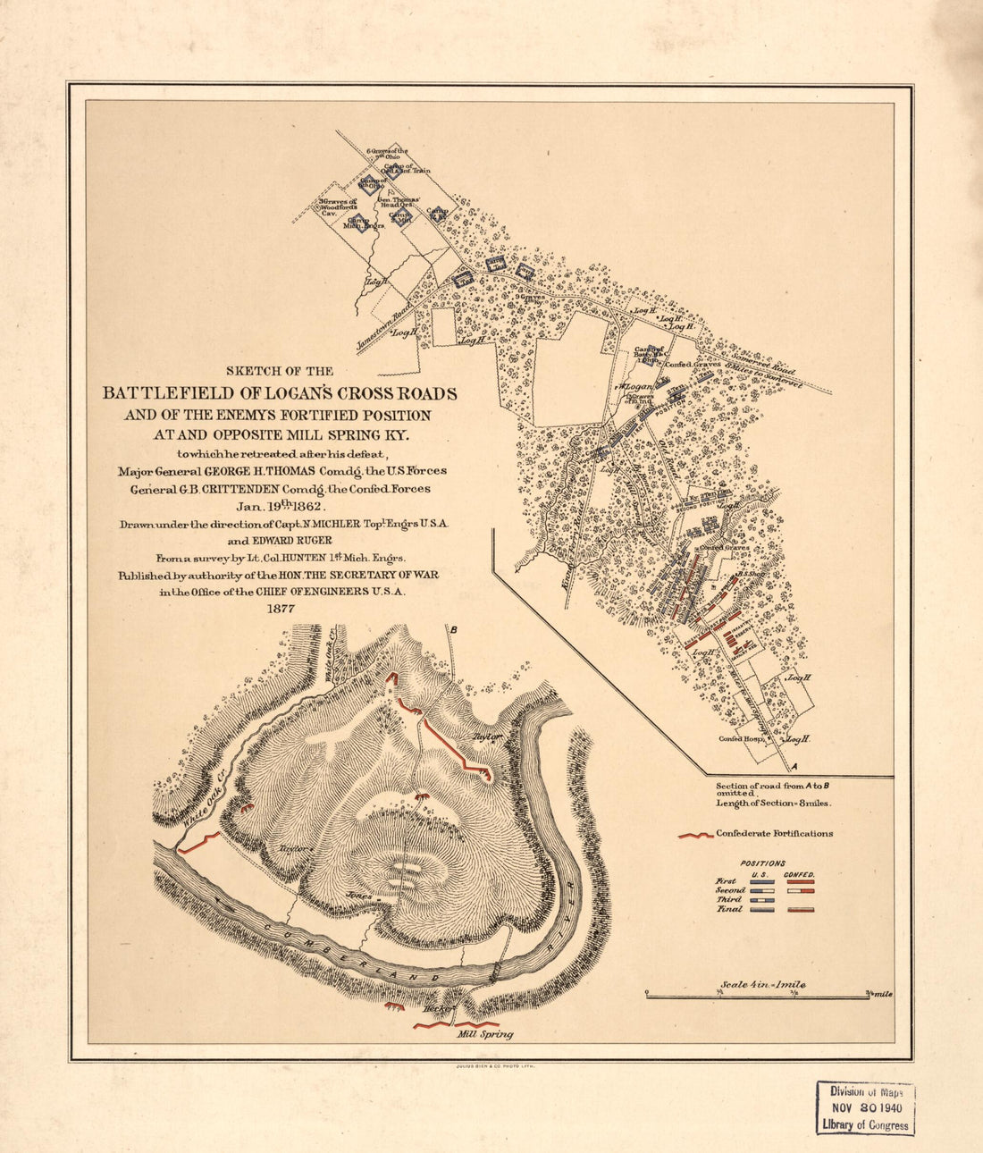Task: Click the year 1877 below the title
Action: [x=280, y=609]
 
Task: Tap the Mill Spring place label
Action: [x=484, y=1034]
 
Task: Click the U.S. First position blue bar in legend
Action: [x=761, y=881]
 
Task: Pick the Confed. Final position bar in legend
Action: [x=801, y=909]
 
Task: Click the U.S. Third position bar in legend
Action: [x=761, y=900]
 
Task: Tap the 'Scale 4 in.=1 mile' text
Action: [x=762, y=984]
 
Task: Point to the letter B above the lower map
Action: [x=454, y=630]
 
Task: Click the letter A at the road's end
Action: [x=793, y=767]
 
